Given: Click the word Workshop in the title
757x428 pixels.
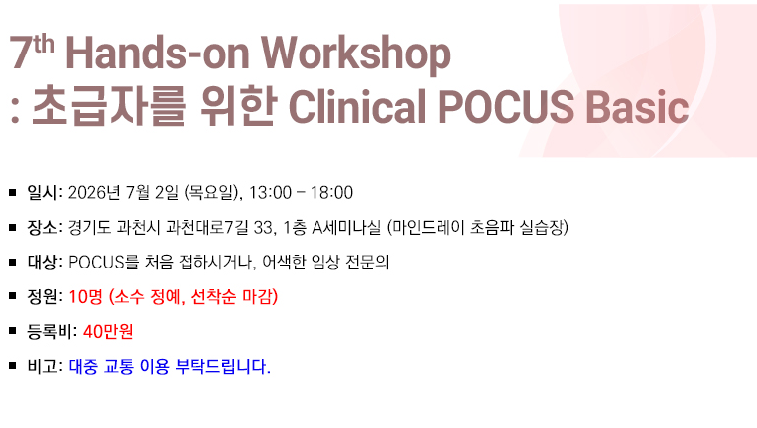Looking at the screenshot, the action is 356,54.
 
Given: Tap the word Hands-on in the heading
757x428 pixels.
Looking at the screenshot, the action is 158,53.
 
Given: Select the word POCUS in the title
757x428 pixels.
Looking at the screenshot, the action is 506,107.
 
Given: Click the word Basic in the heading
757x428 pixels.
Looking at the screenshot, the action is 637,107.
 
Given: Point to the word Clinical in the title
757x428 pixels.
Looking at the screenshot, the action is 357,107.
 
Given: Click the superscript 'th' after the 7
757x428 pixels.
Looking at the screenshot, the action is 44,45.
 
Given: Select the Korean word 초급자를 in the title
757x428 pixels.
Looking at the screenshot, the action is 108,106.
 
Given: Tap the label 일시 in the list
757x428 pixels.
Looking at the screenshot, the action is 42,193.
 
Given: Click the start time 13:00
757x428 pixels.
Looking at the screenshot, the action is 270,193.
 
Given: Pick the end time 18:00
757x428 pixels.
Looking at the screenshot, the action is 331,193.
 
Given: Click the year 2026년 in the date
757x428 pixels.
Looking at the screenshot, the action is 94,193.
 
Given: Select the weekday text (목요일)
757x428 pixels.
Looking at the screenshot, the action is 211,193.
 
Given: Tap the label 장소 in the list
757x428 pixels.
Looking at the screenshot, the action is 42,227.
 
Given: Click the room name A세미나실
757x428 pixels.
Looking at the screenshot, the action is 346,227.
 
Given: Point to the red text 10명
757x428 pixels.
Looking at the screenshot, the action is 86,296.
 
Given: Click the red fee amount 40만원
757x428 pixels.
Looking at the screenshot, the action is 108,331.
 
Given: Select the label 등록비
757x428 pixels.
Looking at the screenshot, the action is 50,331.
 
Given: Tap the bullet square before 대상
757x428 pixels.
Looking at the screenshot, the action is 13,262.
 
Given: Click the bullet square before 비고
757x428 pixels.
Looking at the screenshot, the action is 13,366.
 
